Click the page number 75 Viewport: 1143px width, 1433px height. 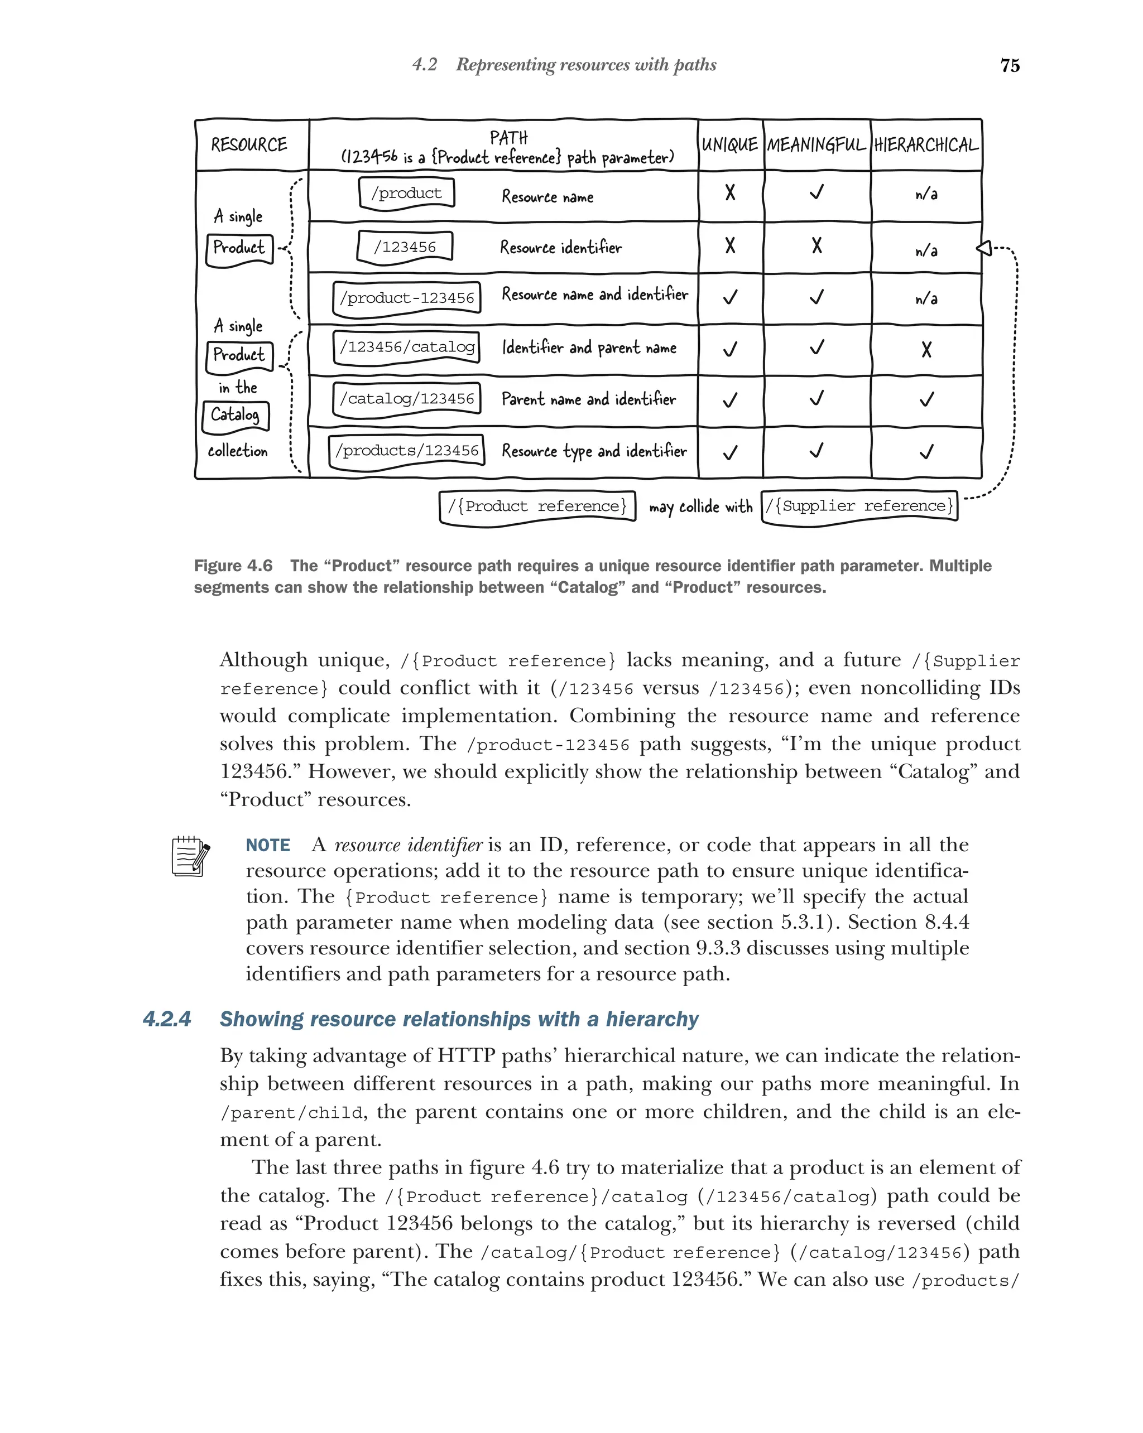pos(1010,65)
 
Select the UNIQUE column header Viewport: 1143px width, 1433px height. pos(729,145)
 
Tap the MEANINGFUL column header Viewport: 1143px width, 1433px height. pos(816,145)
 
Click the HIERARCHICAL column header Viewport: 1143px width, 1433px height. pos(925,145)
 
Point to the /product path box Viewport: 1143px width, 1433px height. pos(406,194)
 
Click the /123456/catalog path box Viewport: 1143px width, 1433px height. pos(407,348)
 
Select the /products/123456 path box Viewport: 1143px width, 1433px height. pos(407,451)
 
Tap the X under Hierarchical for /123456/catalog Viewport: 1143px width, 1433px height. pos(926,350)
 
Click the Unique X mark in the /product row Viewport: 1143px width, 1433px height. pos(730,193)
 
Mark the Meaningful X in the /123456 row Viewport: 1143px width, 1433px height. pos(817,246)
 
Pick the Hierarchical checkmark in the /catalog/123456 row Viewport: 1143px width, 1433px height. pos(926,399)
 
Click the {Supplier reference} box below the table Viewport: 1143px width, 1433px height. pos(859,506)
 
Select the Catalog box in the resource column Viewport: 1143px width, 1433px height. pos(236,416)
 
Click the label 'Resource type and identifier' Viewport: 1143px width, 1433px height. pos(594,451)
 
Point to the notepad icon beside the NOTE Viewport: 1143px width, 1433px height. pos(191,856)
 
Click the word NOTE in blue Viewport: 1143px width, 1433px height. pos(268,846)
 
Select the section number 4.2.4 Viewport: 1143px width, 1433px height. pos(167,1019)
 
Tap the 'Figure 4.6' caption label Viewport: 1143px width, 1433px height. pos(233,566)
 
